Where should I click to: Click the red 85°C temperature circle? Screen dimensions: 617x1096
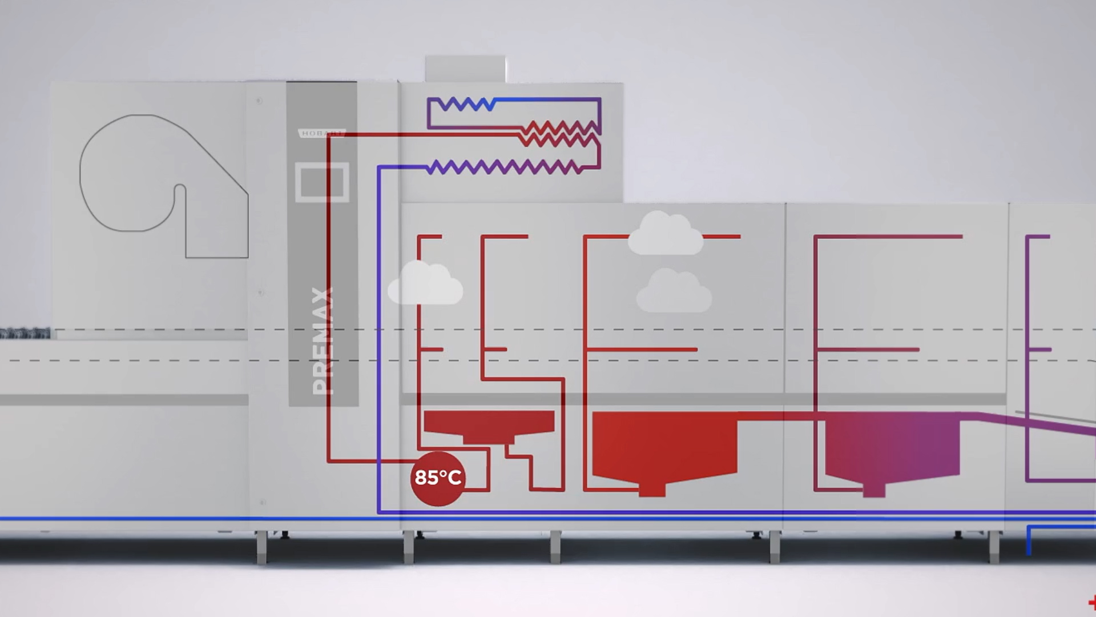tap(438, 478)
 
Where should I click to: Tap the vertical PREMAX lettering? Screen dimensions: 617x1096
tap(323, 342)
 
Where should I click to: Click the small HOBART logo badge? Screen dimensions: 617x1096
tap(321, 133)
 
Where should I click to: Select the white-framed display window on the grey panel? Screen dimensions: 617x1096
tap(322, 182)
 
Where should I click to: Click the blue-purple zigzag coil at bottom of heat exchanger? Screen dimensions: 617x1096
tap(505, 167)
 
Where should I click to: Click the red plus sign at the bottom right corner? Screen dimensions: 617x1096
tap(1091, 603)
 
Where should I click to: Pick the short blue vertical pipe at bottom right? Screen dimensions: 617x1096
tap(1029, 540)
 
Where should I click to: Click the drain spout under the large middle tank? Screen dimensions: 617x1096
tap(651, 489)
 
